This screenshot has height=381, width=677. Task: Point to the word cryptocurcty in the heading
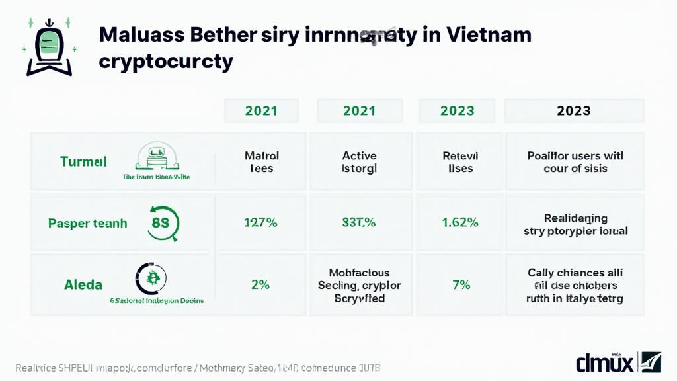pyautogui.click(x=166, y=62)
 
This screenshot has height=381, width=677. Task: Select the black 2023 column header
pyautogui.click(x=573, y=110)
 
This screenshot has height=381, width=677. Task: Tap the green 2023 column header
pyautogui.click(x=457, y=110)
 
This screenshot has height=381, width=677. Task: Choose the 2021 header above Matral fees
pyautogui.click(x=261, y=110)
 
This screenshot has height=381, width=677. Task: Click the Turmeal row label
pyautogui.click(x=83, y=161)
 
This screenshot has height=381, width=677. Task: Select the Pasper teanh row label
pyautogui.click(x=87, y=224)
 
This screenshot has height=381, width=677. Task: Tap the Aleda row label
pyautogui.click(x=83, y=285)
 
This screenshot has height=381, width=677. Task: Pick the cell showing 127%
pyautogui.click(x=261, y=223)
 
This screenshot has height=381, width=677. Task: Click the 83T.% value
pyautogui.click(x=359, y=223)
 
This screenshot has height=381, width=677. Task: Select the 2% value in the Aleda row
pyautogui.click(x=261, y=285)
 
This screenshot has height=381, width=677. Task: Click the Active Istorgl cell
pyautogui.click(x=359, y=162)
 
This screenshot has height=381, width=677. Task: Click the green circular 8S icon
pyautogui.click(x=161, y=224)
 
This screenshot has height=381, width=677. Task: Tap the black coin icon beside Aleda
pyautogui.click(x=151, y=278)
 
